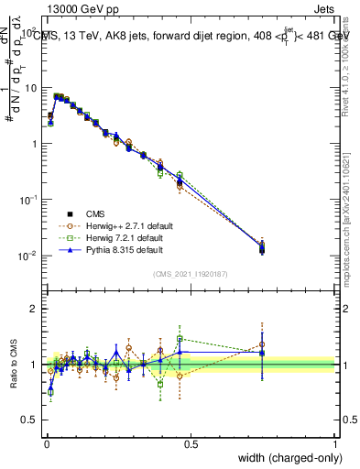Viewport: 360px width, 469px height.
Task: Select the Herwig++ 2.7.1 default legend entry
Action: [123, 224]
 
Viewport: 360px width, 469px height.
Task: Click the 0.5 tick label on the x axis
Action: [190, 444]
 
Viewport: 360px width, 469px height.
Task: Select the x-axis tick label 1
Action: [335, 444]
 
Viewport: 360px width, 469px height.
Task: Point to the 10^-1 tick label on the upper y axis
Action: [27, 200]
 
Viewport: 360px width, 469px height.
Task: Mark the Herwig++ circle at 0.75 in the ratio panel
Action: [262, 345]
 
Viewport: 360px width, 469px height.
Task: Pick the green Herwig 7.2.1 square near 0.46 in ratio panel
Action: [180, 339]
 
